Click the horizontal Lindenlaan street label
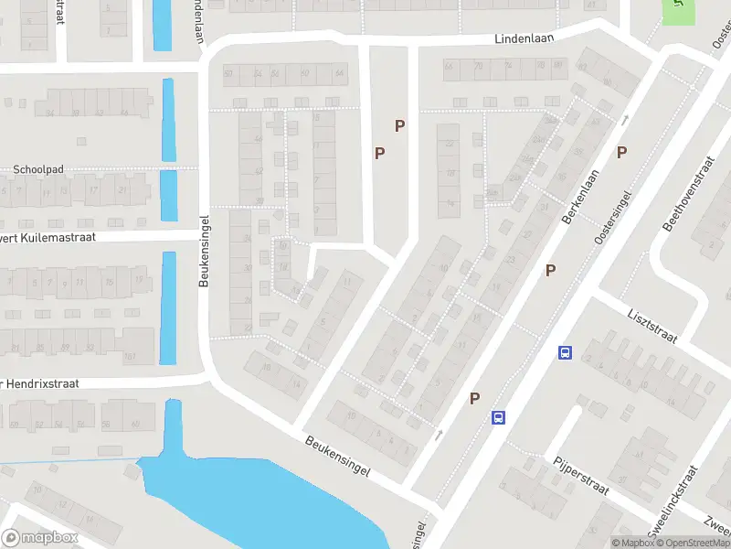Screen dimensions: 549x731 coord(525,39)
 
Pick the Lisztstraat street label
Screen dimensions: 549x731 coord(652,325)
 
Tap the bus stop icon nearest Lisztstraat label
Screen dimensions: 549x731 coord(565,353)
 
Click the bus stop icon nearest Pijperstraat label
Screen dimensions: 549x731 coord(498,417)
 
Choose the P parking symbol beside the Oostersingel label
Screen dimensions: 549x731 coord(621,152)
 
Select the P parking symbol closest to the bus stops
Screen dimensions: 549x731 coord(475,398)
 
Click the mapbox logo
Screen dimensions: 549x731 coord(40,538)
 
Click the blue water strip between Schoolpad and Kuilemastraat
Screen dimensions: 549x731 coord(169,195)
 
